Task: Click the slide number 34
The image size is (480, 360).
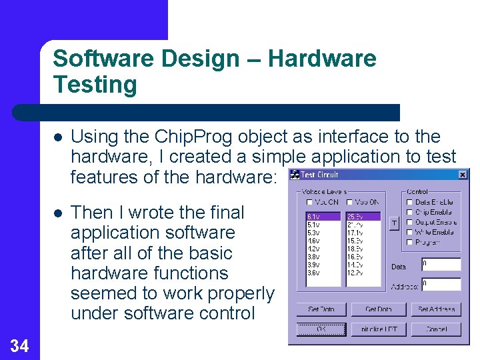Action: click(x=19, y=345)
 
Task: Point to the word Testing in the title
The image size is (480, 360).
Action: click(x=95, y=85)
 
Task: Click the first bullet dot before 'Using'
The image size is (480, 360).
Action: click(x=59, y=137)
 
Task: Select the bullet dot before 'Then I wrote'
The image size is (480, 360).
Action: click(x=59, y=213)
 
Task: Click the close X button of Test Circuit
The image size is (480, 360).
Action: click(x=463, y=175)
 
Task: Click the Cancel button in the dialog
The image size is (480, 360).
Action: click(x=435, y=329)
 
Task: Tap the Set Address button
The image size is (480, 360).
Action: click(x=435, y=309)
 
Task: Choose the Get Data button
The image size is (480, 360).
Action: click(x=379, y=309)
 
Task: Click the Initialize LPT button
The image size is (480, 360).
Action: click(x=379, y=329)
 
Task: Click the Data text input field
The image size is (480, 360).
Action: click(x=441, y=265)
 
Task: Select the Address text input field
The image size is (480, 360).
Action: click(x=441, y=285)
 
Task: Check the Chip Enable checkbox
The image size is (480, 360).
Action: click(x=409, y=212)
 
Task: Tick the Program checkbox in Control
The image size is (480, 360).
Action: click(x=409, y=242)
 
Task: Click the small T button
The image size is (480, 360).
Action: click(x=393, y=223)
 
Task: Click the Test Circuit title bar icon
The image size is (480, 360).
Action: click(x=294, y=175)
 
